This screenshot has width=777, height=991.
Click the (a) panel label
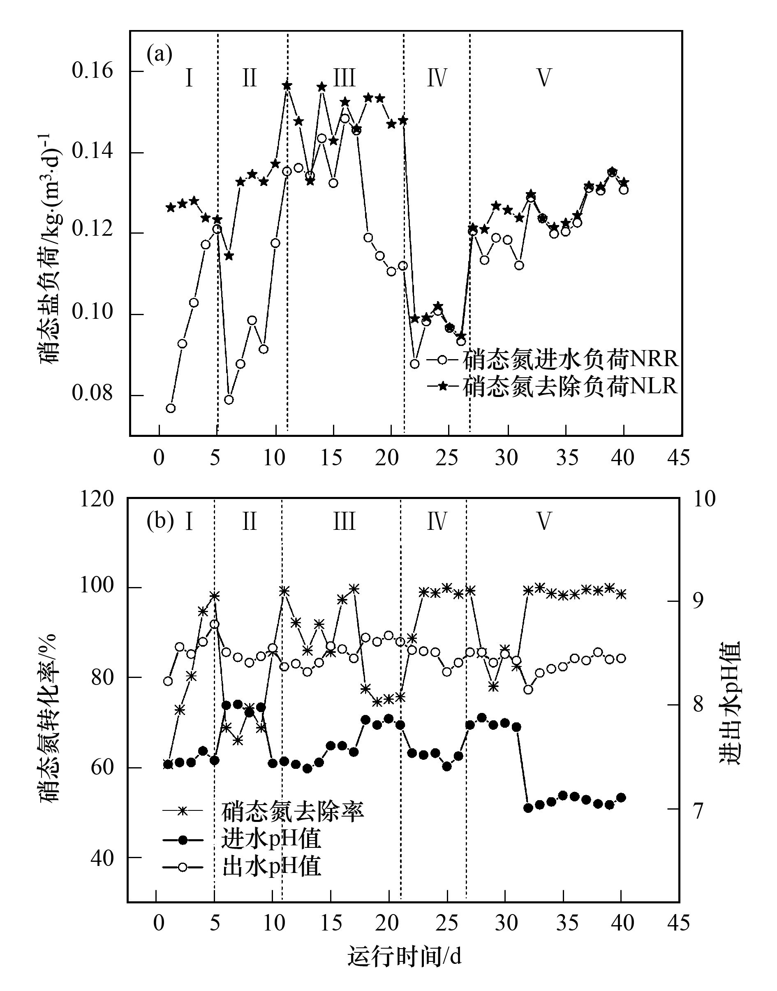click(x=159, y=55)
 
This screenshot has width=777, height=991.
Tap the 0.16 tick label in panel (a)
click(x=93, y=72)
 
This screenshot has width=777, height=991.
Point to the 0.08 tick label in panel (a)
click(x=93, y=394)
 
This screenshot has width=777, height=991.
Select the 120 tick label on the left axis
click(x=97, y=499)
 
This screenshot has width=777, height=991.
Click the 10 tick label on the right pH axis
click(x=704, y=499)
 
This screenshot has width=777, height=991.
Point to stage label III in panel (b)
click(x=344, y=522)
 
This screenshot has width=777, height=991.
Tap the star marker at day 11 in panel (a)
click(x=287, y=86)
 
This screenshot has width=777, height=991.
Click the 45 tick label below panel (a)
click(x=679, y=458)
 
